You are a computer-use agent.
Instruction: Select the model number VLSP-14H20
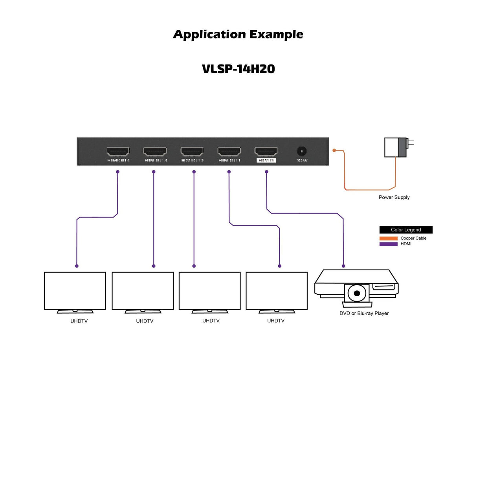(x=238, y=69)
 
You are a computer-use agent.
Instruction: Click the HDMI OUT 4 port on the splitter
(x=118, y=151)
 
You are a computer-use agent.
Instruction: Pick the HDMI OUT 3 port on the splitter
(x=155, y=151)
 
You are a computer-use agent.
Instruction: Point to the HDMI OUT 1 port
(x=229, y=151)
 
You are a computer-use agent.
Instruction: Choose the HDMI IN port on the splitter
(x=266, y=151)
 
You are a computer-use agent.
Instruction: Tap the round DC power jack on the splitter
(x=301, y=151)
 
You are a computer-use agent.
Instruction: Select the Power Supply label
(x=394, y=197)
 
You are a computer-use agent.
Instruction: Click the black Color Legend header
(x=406, y=230)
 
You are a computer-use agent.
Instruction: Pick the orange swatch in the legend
(x=388, y=238)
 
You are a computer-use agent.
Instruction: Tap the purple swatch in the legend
(x=388, y=244)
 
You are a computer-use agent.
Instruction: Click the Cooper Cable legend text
(x=413, y=238)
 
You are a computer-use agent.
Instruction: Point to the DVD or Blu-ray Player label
(x=364, y=313)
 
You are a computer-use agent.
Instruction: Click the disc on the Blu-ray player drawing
(x=357, y=293)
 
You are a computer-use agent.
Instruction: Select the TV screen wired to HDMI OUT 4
(x=75, y=291)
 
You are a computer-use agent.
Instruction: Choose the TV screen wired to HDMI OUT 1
(x=277, y=291)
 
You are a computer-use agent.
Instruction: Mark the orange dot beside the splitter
(x=334, y=150)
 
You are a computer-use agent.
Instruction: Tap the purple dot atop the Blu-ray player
(x=343, y=266)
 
